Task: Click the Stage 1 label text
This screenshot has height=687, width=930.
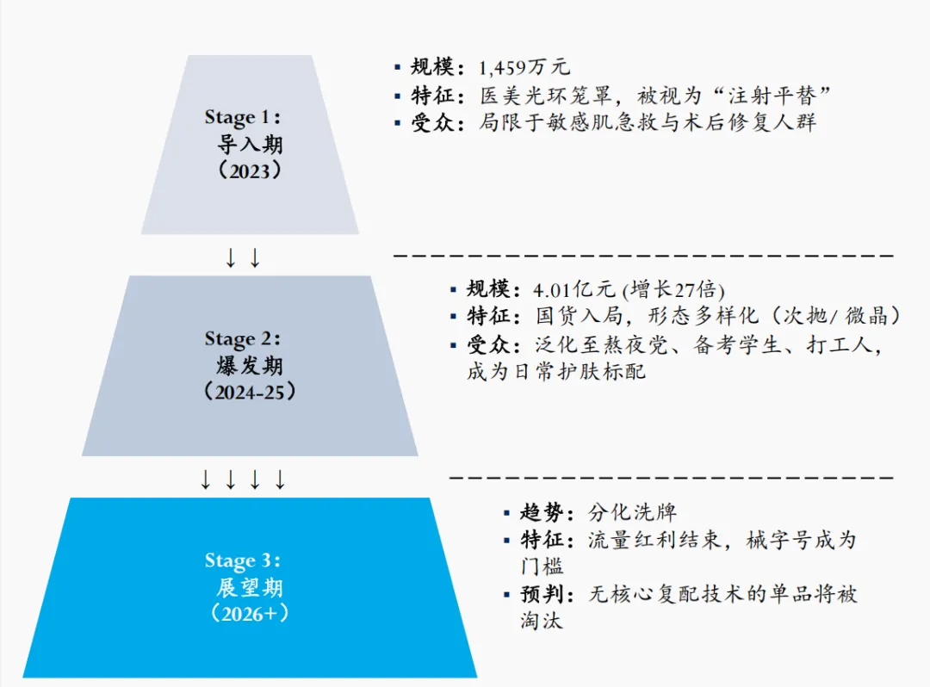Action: (x=244, y=117)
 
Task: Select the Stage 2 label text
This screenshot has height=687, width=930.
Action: (x=244, y=339)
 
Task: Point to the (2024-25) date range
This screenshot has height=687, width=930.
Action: (x=250, y=392)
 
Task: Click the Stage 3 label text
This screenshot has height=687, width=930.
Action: (x=244, y=561)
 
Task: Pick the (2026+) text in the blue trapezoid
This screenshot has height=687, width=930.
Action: (x=250, y=614)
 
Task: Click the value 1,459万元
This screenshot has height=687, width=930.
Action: (x=524, y=68)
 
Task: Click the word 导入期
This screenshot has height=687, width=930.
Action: (x=250, y=144)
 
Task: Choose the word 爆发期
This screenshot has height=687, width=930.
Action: (x=250, y=366)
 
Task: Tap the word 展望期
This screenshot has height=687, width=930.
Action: (x=250, y=588)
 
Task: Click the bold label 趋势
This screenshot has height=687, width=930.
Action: (x=542, y=513)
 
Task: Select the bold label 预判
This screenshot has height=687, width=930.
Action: (x=542, y=594)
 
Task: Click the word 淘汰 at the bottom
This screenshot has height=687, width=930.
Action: (x=541, y=620)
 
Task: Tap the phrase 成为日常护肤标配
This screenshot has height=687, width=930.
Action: (x=556, y=372)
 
